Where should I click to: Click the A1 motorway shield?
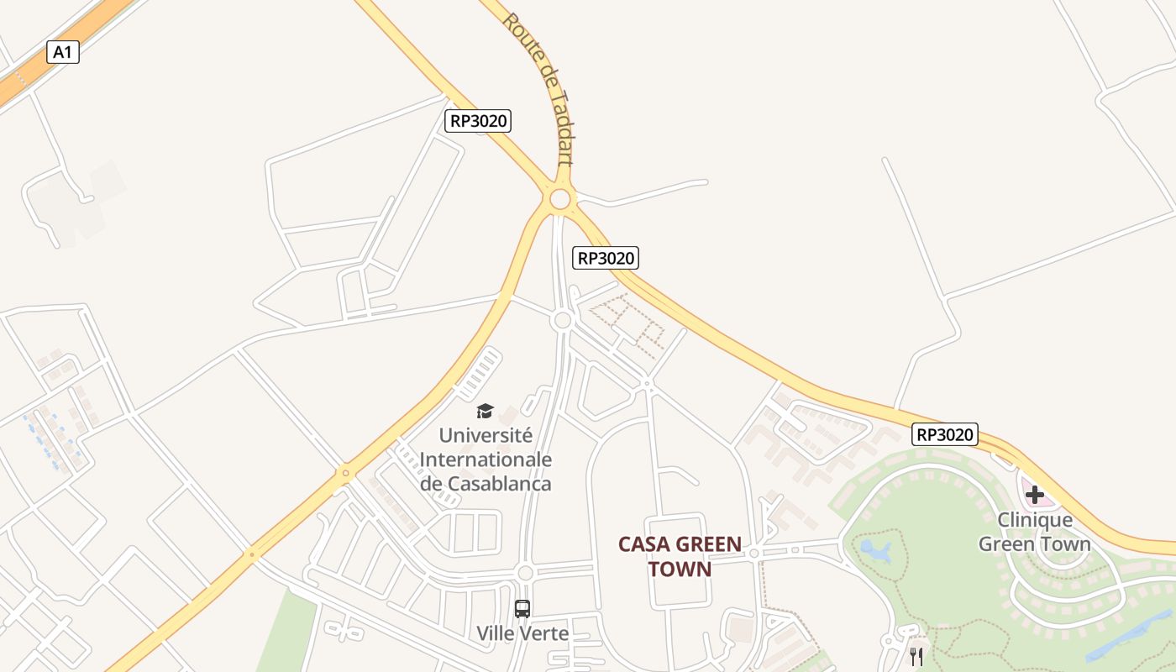(x=62, y=52)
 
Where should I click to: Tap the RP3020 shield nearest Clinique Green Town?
(x=945, y=434)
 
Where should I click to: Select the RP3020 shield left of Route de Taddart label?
(x=478, y=121)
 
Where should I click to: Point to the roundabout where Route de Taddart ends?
(x=560, y=199)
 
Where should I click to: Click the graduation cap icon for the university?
(x=485, y=411)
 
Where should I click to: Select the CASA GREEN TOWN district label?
(x=680, y=556)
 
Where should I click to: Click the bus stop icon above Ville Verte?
(x=522, y=608)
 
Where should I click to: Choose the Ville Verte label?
(x=522, y=633)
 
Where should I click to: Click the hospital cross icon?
(x=1035, y=495)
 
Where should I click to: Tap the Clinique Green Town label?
(x=1035, y=532)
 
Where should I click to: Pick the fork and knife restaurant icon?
(x=916, y=656)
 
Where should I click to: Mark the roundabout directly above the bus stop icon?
(x=526, y=573)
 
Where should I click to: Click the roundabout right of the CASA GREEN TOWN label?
(x=754, y=553)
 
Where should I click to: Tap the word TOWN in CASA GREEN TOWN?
(x=680, y=569)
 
